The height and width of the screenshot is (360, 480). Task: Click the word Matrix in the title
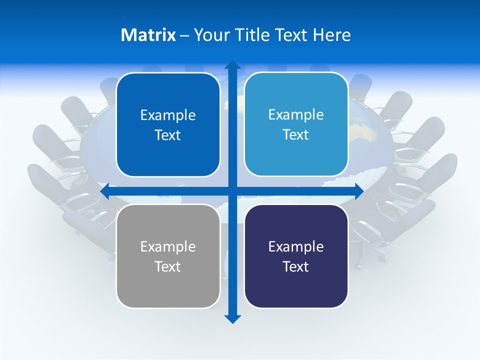(148, 35)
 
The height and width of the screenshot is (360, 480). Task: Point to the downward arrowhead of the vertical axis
(232, 318)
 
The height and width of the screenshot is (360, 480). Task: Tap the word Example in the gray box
(168, 246)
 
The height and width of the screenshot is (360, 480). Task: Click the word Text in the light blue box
(296, 135)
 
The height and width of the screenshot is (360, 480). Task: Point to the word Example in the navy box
(296, 246)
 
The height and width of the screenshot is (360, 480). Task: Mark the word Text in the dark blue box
(168, 135)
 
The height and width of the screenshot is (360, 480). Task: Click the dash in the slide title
(184, 35)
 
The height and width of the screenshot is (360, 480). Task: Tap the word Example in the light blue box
(296, 114)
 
